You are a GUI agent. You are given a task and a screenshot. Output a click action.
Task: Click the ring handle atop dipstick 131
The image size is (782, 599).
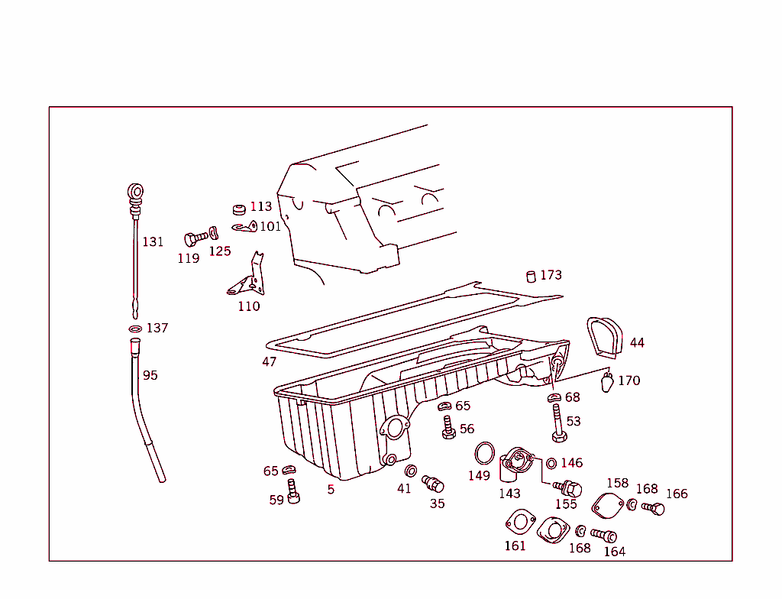pos(135,191)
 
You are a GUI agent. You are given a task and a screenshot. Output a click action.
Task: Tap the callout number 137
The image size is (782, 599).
pos(157,328)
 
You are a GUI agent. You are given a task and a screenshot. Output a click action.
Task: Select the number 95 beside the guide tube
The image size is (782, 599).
pos(150,375)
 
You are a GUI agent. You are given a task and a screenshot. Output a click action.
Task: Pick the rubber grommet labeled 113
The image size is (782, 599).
pos(239,209)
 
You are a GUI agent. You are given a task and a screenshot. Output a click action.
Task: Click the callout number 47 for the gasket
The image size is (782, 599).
pos(269,361)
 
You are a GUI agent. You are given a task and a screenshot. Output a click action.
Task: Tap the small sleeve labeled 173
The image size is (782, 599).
pos(532,277)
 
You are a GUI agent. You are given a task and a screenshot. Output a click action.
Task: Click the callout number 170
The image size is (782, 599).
pos(629,380)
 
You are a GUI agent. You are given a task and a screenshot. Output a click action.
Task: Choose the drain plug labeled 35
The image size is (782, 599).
pos(433,484)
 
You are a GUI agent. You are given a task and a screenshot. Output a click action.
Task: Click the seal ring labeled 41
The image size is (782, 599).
pos(410,470)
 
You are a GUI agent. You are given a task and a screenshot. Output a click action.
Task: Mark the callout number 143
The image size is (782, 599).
pos(509,493)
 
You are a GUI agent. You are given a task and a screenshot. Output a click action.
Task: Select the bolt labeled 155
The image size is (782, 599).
pos(568,487)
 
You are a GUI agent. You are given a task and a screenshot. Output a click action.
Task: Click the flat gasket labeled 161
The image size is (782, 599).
pos(519,523)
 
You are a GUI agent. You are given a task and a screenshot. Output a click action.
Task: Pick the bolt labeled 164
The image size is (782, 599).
pos(603,536)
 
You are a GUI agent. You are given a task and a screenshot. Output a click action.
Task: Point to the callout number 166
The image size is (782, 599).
pos(677,494)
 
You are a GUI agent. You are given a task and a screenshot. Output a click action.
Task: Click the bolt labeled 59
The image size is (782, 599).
pos(292,491)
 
